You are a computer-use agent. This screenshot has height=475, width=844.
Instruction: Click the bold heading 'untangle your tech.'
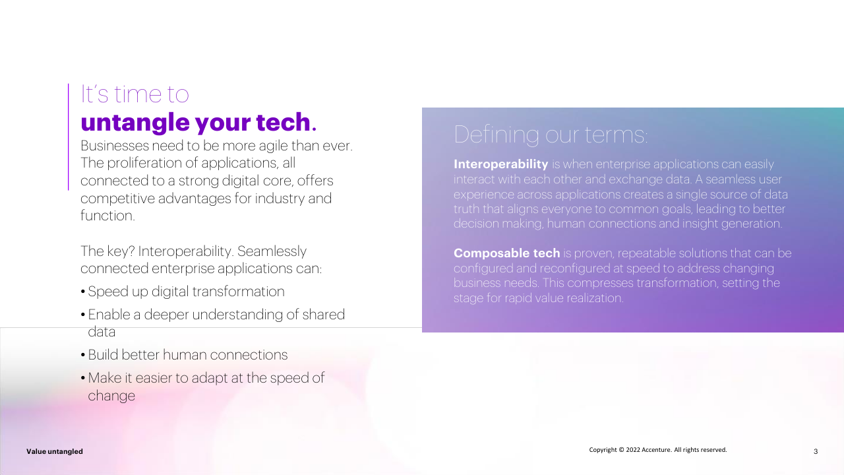point(198,123)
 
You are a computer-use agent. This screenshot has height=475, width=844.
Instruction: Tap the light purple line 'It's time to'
point(135,94)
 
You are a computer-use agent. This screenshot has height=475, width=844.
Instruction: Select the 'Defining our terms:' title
point(551,135)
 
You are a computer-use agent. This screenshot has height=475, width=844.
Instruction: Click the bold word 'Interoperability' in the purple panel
point(500,164)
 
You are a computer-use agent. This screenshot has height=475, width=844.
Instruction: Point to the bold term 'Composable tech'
point(507,253)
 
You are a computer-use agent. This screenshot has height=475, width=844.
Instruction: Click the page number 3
point(816,451)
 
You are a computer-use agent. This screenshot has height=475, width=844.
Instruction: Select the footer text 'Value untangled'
point(55,451)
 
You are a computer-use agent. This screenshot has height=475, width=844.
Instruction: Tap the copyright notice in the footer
point(658,450)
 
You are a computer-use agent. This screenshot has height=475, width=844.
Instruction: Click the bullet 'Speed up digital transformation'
point(186,292)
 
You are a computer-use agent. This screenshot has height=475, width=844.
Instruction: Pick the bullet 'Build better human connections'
point(188,355)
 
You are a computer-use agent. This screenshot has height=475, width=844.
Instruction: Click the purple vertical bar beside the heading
point(68,137)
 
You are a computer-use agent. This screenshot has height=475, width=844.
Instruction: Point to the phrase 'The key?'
point(107,251)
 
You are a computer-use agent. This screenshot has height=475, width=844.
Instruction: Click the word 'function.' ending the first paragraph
point(107,216)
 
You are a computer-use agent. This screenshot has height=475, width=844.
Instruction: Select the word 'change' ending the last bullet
point(111,396)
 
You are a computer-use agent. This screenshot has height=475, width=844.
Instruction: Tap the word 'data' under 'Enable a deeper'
point(102,332)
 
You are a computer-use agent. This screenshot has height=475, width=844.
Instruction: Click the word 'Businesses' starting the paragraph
point(115,146)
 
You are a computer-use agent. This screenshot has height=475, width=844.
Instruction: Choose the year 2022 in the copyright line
point(633,450)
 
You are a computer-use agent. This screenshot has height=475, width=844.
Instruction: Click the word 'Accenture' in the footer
point(656,450)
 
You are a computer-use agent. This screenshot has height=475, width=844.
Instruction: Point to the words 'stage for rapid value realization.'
point(539,298)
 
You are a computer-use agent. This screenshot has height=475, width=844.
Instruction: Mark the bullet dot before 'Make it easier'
point(83,378)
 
